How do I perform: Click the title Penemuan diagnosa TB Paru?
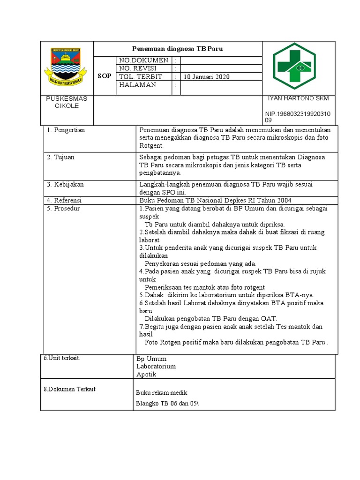point(177,49)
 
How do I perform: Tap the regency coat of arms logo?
point(65,68)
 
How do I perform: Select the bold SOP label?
point(105,76)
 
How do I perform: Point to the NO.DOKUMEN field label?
point(143,60)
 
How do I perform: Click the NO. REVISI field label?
point(140,68)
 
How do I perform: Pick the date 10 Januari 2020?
point(206,77)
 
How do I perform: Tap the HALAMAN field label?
point(138,85)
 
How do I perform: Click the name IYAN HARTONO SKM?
point(298,98)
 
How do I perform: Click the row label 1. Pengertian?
point(66,130)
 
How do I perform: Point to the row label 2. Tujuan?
point(60,157)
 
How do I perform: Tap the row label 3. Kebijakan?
point(65,185)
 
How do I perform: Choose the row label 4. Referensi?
point(65,200)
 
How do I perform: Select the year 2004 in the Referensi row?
point(283,200)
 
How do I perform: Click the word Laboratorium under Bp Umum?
point(156,367)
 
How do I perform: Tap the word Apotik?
point(146,375)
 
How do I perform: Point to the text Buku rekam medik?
point(162,393)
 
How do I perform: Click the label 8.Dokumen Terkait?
point(69,389)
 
